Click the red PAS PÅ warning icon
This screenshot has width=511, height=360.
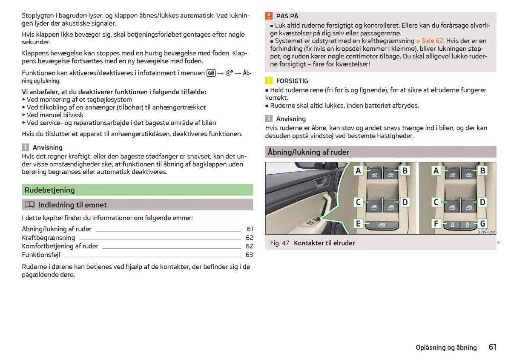269,16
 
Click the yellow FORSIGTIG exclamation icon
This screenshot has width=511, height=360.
269,81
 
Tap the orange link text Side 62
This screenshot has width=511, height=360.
430,41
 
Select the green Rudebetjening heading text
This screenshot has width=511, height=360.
49,190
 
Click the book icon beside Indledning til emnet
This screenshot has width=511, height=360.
29,205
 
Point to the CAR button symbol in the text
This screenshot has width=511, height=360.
211,73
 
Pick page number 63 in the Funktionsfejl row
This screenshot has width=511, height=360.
249,255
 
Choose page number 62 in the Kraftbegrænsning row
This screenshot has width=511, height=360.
249,238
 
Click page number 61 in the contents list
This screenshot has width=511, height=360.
250,229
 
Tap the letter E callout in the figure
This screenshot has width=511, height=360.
359,223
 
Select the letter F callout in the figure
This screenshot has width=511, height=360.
436,223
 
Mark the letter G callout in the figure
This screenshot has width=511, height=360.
482,223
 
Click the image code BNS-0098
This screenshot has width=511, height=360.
487,232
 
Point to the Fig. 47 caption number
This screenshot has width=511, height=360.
279,243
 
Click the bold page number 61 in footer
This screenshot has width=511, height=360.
492,347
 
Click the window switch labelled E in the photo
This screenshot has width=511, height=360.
382,225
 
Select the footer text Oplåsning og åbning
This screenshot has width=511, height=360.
446,348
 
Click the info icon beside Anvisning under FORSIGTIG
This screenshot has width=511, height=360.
269,119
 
